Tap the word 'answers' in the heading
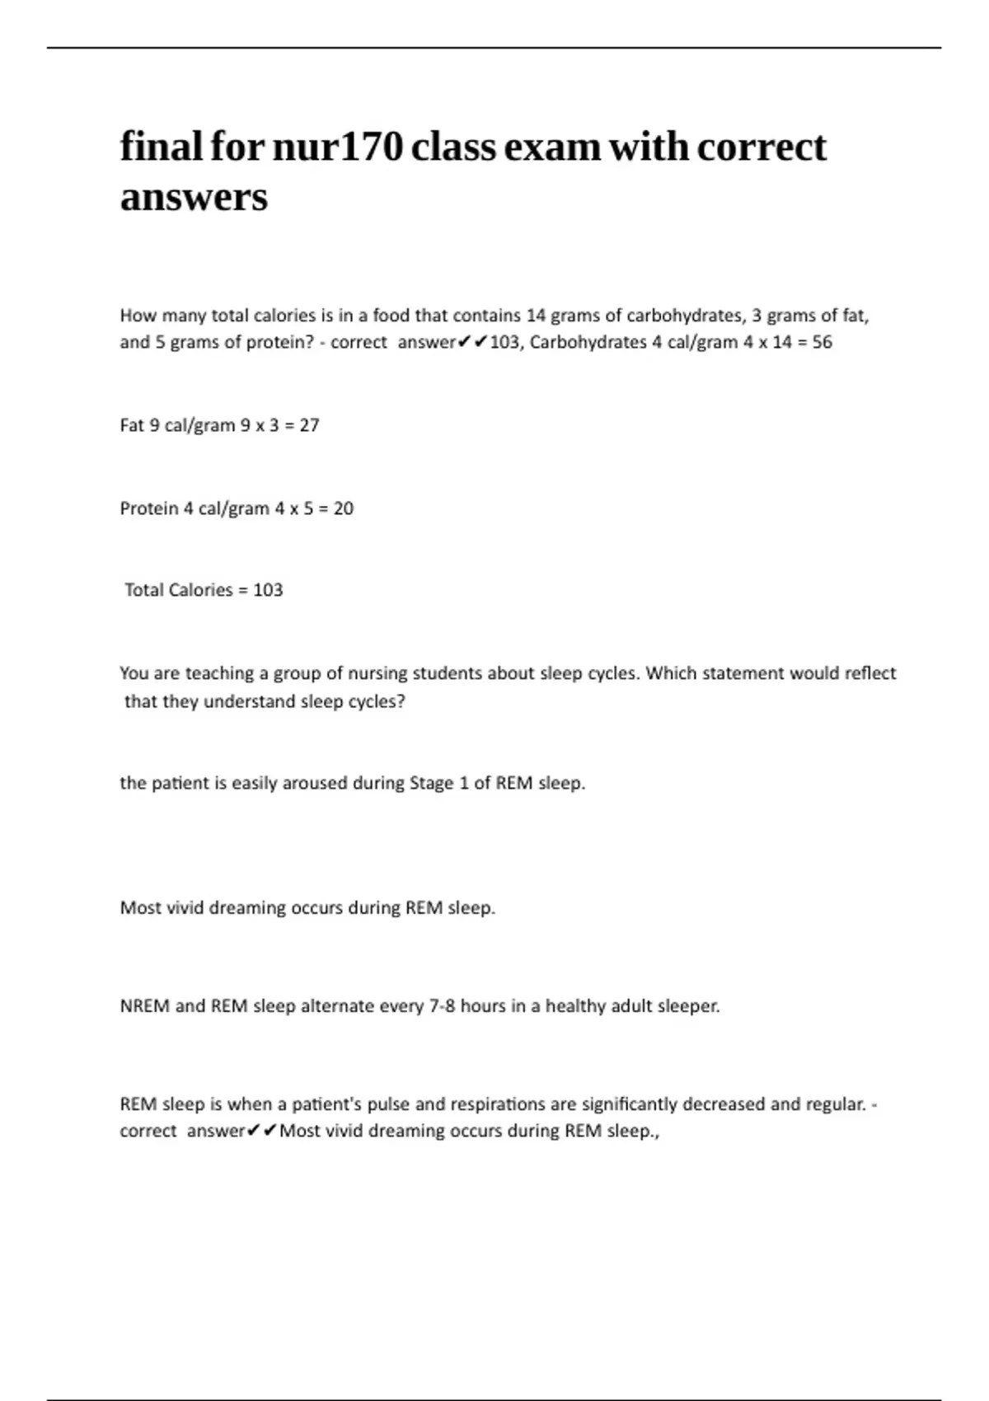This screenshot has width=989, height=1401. (x=194, y=198)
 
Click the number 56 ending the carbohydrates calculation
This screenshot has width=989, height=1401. (x=822, y=343)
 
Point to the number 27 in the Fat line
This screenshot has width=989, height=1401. (x=309, y=426)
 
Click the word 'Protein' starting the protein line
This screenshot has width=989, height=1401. (x=149, y=508)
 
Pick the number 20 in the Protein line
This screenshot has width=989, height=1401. (x=344, y=508)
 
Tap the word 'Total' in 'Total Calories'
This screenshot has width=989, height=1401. (x=143, y=590)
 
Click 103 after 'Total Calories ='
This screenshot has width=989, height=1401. (x=268, y=590)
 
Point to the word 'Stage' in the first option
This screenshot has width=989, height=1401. (x=431, y=783)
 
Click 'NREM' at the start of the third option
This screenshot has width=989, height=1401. (x=144, y=1006)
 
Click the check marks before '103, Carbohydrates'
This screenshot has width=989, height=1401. (x=472, y=342)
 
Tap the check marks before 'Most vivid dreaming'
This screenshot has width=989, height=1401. (x=261, y=1131)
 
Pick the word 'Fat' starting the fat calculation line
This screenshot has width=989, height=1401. (x=132, y=426)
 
